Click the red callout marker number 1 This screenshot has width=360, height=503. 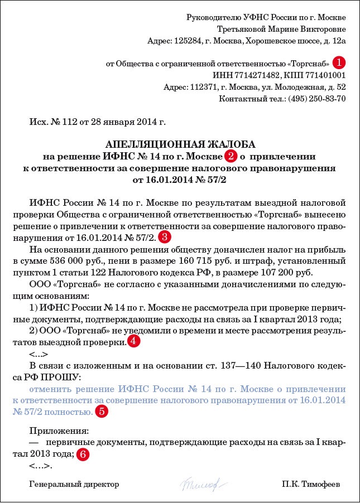(339, 62)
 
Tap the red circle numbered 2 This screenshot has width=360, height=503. (230, 155)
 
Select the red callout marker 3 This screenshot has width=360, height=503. (165, 237)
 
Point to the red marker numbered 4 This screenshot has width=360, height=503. (133, 342)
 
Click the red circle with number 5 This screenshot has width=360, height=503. (101, 412)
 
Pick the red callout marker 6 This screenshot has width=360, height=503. (82, 454)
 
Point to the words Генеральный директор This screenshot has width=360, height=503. (74, 484)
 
